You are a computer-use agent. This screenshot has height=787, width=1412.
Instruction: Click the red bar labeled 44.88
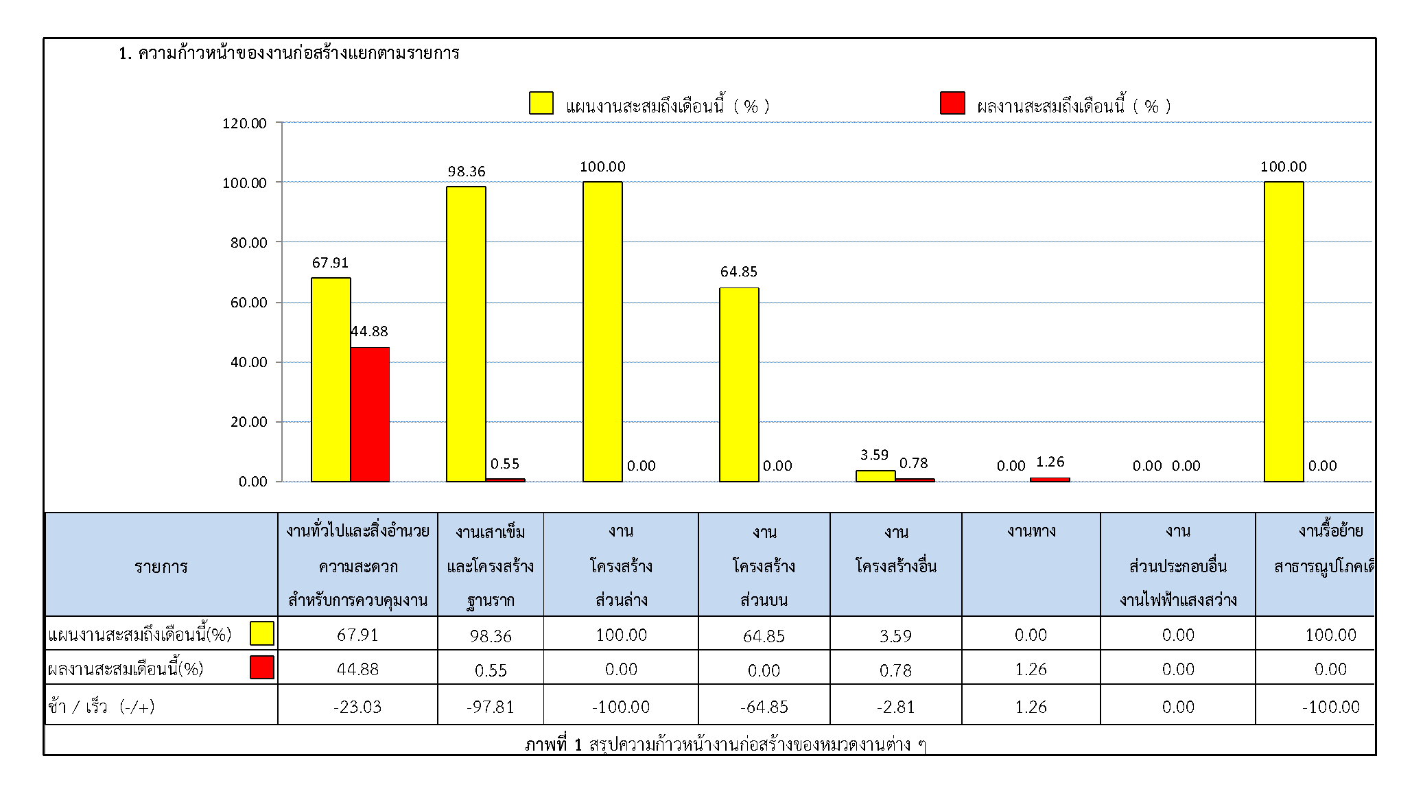tap(370, 414)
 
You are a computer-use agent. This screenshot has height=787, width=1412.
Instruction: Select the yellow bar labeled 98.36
tap(466, 334)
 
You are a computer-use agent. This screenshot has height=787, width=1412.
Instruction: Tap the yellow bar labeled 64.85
tap(739, 384)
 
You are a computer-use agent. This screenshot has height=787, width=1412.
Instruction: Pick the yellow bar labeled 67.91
tap(331, 379)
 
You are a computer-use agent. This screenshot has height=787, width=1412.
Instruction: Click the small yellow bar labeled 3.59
tap(875, 476)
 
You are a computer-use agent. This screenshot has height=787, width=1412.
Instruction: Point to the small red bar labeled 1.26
tap(1050, 480)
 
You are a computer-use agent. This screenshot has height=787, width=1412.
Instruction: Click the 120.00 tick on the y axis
tap(245, 124)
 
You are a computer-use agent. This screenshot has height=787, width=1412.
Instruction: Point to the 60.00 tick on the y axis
tap(248, 303)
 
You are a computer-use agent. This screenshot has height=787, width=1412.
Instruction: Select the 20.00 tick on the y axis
tap(248, 422)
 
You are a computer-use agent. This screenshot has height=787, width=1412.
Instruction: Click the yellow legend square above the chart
tap(541, 103)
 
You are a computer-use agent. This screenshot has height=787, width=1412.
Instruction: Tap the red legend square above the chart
tap(952, 103)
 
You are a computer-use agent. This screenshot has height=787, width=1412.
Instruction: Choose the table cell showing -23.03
tap(357, 707)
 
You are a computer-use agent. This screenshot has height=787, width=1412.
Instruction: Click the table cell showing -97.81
tap(491, 707)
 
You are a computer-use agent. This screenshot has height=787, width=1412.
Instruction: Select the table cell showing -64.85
tap(764, 707)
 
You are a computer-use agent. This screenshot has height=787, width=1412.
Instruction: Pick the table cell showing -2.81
tap(895, 707)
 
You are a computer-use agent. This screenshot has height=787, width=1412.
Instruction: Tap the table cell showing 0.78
tap(895, 670)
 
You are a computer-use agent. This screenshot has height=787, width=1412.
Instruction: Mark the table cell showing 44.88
tap(357, 669)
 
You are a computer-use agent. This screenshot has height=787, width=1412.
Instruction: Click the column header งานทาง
tap(1031, 531)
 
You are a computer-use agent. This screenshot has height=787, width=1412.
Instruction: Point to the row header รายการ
tap(161, 567)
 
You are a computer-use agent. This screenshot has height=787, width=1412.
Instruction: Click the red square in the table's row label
tap(262, 667)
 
